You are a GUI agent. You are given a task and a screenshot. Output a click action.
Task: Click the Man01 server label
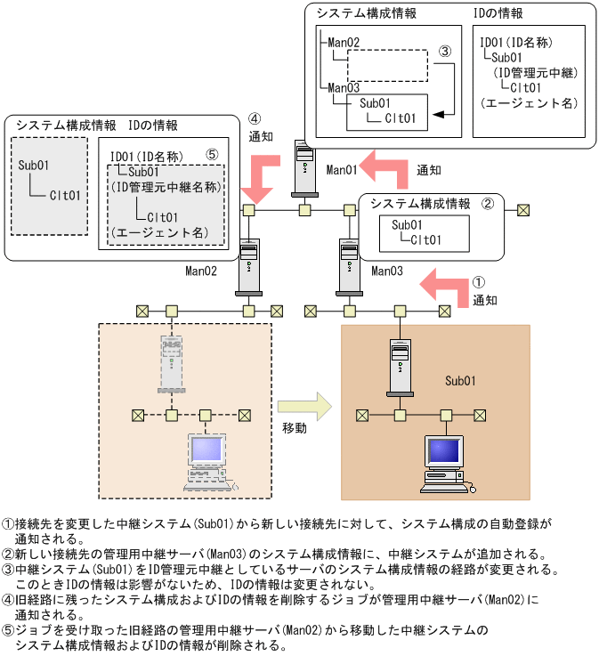tap(342, 169)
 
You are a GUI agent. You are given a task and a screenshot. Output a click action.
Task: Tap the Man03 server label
tap(388, 270)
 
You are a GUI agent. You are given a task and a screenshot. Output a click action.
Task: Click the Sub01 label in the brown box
tap(460, 380)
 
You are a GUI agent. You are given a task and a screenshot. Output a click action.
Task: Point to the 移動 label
tap(295, 428)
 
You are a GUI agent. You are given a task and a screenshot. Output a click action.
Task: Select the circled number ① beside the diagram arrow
tap(479, 281)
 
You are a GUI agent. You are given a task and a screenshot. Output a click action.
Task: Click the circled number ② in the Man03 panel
tap(487, 203)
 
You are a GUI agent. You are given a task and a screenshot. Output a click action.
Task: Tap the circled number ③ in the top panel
tap(445, 51)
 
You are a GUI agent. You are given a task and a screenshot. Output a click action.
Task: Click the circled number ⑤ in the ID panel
tap(211, 154)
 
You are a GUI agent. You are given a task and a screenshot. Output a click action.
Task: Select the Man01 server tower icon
tap(304, 169)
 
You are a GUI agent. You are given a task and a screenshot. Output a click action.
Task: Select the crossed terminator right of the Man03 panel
tap(523, 210)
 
